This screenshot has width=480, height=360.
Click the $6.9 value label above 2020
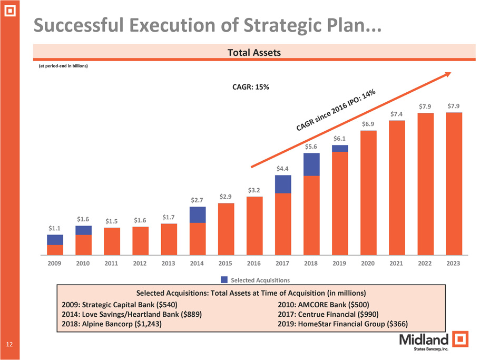[368, 123]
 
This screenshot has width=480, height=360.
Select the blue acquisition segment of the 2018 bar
[312, 164]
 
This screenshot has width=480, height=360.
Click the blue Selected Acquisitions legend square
[224, 279]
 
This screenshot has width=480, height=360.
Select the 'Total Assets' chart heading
[254, 53]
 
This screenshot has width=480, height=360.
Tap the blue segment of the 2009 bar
[55, 240]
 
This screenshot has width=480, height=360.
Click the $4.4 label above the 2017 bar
[283, 169]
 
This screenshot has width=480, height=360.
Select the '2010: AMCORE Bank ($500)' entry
[323, 305]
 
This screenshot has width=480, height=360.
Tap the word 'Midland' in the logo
[424, 338]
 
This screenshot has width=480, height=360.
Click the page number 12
[9, 345]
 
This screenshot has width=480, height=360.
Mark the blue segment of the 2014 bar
[198, 215]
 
